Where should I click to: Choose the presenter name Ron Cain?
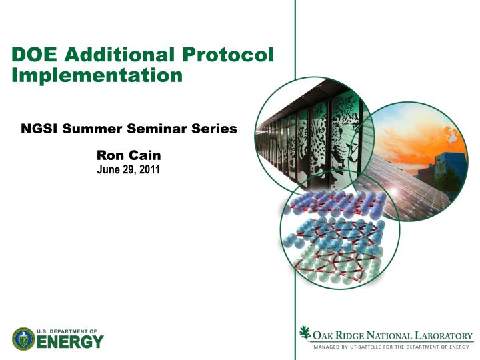point(129,155)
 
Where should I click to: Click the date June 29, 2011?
point(129,169)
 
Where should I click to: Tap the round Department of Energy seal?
point(23,339)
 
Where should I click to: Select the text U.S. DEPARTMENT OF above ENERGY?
point(67,331)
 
